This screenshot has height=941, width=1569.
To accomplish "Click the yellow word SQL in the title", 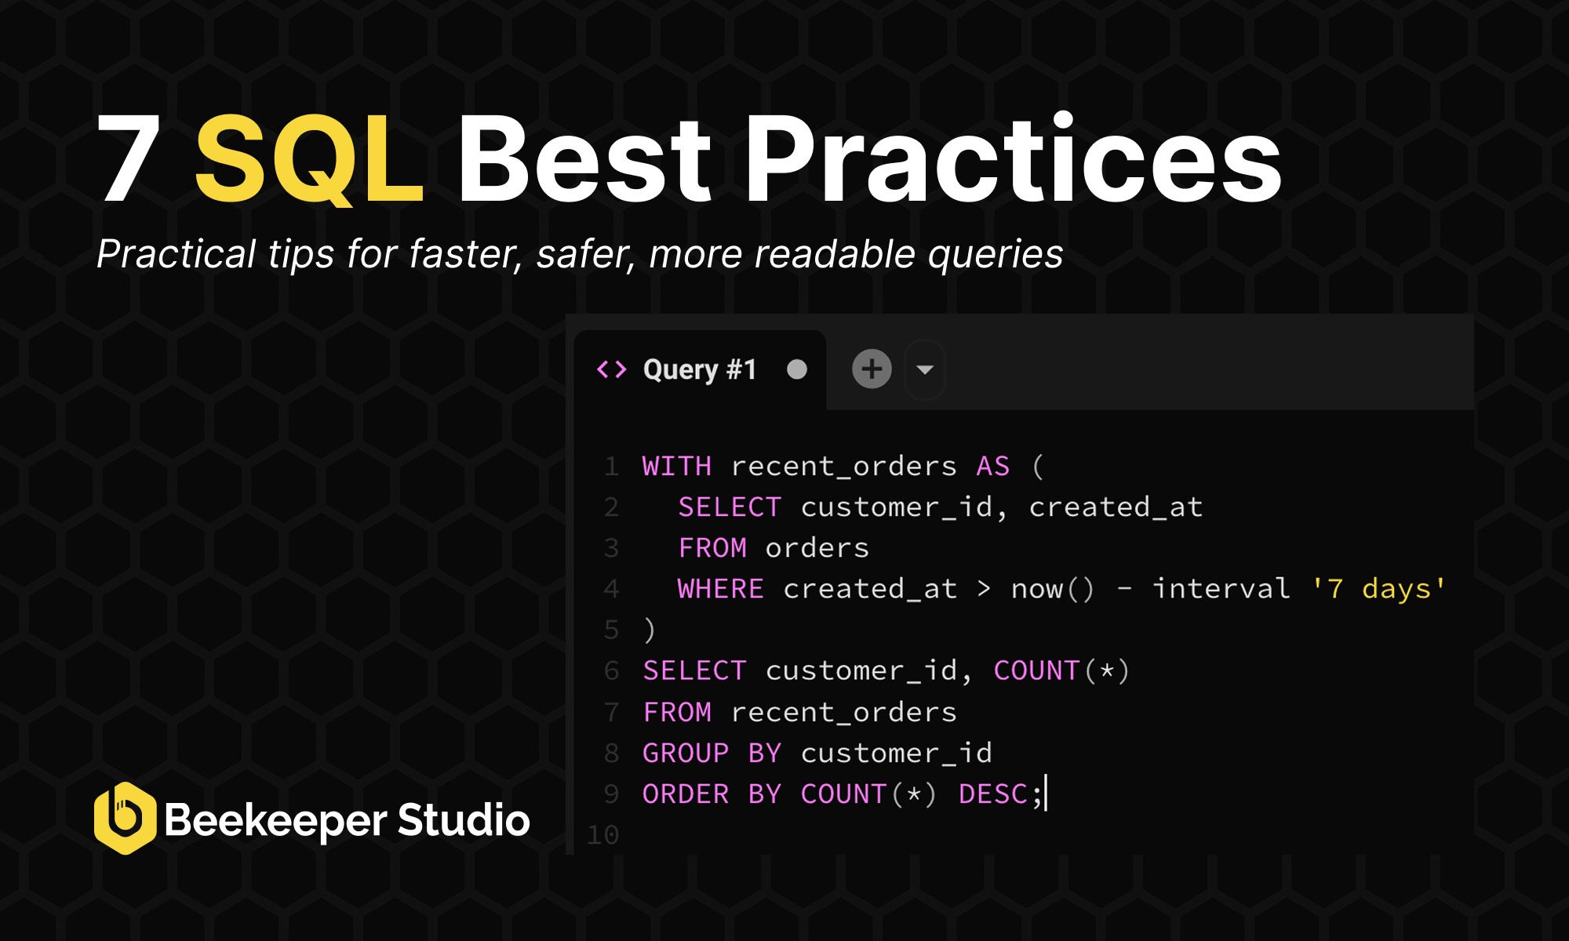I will [x=308, y=159].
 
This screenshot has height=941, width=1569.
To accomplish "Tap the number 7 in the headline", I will [x=129, y=159].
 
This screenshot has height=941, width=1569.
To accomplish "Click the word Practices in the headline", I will [x=1012, y=159].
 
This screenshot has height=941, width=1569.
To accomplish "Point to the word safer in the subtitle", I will [x=584, y=255].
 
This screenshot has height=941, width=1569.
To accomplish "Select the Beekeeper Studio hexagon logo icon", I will [x=124, y=818].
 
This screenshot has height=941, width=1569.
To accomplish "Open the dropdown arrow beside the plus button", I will [x=925, y=370].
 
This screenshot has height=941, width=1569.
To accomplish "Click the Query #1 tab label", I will [x=699, y=369].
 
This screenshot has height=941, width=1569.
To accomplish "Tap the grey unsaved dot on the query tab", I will [x=797, y=369].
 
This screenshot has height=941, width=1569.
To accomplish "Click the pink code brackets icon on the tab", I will [x=612, y=369].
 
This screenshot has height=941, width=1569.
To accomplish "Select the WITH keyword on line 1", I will [x=676, y=467].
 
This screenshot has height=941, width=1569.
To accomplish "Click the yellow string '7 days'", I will [x=1378, y=589].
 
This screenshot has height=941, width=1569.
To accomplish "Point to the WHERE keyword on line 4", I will [x=720, y=589].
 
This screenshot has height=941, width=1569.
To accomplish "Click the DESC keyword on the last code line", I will [x=992, y=794].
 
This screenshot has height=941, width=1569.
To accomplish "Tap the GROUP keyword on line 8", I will [x=686, y=754].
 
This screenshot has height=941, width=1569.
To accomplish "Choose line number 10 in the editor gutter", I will [x=603, y=835].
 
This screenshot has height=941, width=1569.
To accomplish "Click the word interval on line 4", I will [x=1221, y=589].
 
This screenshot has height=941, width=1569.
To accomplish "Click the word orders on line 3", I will [x=817, y=548].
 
